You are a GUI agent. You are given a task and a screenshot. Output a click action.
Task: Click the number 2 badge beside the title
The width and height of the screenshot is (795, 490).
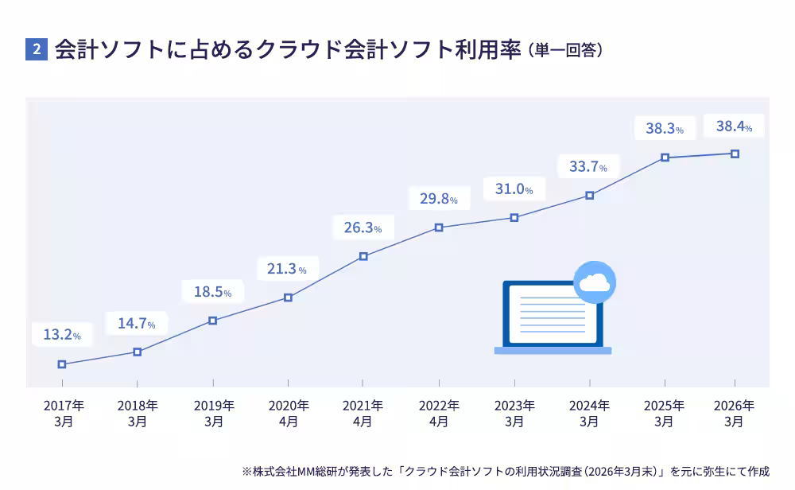click(37, 49)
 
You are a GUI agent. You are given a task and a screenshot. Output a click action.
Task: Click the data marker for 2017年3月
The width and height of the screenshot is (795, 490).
click(62, 364)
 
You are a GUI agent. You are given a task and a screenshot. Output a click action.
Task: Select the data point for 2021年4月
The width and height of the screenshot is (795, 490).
click(363, 256)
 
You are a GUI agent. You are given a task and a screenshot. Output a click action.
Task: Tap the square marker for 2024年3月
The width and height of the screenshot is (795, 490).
click(590, 195)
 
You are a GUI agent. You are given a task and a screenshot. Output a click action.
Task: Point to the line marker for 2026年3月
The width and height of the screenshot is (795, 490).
click(735, 154)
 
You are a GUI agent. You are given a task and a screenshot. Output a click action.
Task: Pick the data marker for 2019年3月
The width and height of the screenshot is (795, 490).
click(212, 321)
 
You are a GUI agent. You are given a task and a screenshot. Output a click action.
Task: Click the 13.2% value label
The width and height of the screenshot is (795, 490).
click(62, 335)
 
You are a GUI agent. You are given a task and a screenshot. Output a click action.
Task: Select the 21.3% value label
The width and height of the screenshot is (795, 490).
click(287, 269)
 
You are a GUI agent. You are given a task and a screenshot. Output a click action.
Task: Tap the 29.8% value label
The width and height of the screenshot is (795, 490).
click(439, 199)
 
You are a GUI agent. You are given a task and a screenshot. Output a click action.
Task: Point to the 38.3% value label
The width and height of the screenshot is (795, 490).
click(665, 128)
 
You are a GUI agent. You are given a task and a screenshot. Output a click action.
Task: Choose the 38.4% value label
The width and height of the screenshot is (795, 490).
click(734, 126)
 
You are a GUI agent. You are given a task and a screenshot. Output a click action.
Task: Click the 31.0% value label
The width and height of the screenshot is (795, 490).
click(514, 189)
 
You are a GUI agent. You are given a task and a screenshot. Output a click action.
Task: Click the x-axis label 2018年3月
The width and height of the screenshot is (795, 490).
click(138, 413)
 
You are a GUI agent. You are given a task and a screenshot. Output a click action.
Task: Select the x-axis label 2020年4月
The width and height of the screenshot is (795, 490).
click(288, 413)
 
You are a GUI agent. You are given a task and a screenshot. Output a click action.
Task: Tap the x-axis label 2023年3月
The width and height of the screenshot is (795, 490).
click(514, 413)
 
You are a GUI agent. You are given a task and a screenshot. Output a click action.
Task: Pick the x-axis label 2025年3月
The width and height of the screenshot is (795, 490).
click(664, 413)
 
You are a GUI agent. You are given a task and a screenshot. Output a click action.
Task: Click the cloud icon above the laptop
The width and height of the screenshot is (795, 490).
click(595, 282)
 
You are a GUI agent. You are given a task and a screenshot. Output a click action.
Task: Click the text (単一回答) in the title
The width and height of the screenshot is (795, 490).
click(565, 50)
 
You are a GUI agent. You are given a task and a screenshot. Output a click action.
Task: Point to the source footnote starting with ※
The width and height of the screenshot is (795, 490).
click(506, 471)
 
